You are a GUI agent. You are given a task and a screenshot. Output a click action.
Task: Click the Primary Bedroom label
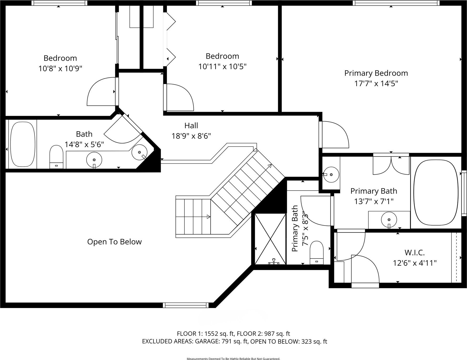pos(376,73)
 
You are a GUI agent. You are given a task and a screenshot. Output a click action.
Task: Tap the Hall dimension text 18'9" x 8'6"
pos(191,136)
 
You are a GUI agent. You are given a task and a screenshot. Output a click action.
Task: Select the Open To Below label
pos(114,242)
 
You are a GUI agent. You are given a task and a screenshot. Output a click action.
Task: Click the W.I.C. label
pos(414,253)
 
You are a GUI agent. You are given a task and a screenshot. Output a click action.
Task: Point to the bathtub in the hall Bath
pos(23,144)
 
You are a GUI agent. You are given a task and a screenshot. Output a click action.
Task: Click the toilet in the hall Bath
pos(56,157)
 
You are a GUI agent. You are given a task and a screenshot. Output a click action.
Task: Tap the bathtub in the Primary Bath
pos(436,193)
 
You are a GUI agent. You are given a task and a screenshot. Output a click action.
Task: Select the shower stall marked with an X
pos(270,239)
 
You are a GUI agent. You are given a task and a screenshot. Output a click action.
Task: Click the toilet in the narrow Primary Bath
pos(317,253)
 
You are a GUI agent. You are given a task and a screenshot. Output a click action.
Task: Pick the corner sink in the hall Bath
pos(139,152)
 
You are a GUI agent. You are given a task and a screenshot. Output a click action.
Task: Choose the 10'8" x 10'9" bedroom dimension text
pos(60,69)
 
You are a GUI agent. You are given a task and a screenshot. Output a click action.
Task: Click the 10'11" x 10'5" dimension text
pos(222,67)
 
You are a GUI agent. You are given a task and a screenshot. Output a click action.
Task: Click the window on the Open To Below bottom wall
pos(186,305)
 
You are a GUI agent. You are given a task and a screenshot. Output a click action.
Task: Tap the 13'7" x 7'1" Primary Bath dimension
pos(374,202)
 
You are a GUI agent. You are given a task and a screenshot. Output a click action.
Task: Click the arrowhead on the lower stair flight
pos(208,217)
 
